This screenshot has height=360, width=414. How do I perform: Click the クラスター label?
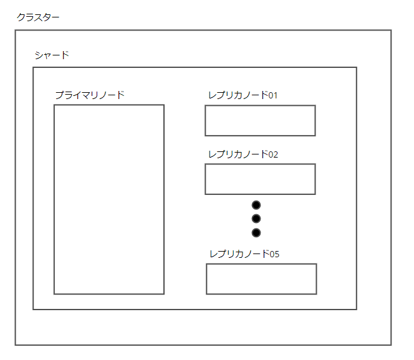pyautogui.click(x=38, y=17)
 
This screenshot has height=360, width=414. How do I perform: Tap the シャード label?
pyautogui.click(x=52, y=55)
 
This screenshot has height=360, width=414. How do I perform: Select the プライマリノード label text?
pyautogui.click(x=89, y=95)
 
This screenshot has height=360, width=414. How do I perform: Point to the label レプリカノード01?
pyautogui.click(x=243, y=95)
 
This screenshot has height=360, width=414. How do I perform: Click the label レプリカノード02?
pyautogui.click(x=243, y=154)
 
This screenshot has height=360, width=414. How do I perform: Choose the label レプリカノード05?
pyautogui.click(x=244, y=253)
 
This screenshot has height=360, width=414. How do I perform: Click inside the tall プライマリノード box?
pyautogui.click(x=108, y=199)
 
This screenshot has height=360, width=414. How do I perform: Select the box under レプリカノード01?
pyautogui.click(x=260, y=120)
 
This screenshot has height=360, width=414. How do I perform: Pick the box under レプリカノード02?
pyautogui.click(x=260, y=179)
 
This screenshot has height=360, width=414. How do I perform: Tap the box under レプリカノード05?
pyautogui.click(x=261, y=278)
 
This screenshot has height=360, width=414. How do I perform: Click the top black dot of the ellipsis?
pyautogui.click(x=256, y=205)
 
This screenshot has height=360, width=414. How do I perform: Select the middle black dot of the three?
pyautogui.click(x=256, y=219)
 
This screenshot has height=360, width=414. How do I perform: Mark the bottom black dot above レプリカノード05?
pyautogui.click(x=256, y=232)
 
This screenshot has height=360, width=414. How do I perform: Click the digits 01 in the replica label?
pyautogui.click(x=272, y=95)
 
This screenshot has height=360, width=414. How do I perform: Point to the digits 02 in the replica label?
pyautogui.click(x=272, y=154)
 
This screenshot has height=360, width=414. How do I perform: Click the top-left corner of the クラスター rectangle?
pyautogui.click(x=16, y=30)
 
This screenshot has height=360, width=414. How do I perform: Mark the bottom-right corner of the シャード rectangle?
pyautogui.click(x=356, y=309)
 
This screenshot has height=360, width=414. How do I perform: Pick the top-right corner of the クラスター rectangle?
pyautogui.click(x=391, y=30)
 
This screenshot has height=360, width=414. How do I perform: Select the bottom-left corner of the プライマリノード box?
pyautogui.click(x=54, y=293)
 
